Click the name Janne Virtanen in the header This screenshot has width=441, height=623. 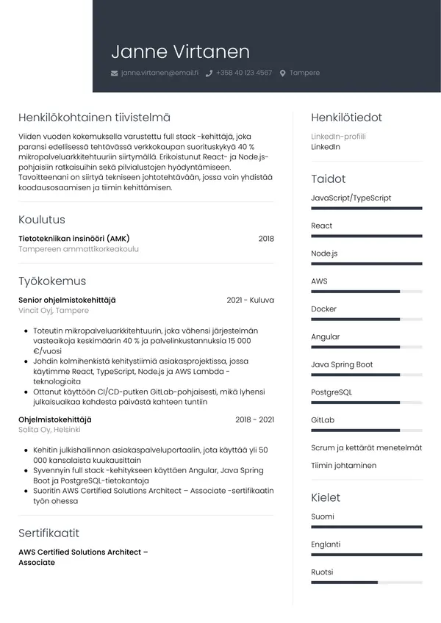[180, 51]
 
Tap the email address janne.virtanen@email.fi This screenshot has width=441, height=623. [159, 73]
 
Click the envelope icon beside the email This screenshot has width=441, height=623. [114, 73]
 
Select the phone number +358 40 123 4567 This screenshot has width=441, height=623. [244, 73]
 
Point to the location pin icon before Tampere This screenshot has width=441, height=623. [282, 73]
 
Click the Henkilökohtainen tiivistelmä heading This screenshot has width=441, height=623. [94, 117]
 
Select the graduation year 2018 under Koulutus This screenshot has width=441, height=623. [266, 239]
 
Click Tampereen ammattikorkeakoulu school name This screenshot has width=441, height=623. [79, 249]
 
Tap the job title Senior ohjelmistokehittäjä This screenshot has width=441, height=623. [67, 300]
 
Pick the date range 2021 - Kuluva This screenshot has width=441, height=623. [250, 300]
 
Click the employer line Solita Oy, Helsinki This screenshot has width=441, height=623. [49, 429]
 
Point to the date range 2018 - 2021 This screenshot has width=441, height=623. [254, 419]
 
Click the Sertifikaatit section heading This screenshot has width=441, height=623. [49, 533]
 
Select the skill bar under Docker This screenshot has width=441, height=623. [366, 320]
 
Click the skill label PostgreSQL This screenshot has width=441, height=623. [331, 392]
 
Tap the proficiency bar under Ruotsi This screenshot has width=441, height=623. [366, 583]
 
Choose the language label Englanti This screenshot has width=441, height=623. [326, 544]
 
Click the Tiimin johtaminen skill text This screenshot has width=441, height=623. [343, 465]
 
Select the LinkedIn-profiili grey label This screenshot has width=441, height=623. [338, 136]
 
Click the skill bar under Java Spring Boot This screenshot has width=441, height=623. [366, 375]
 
